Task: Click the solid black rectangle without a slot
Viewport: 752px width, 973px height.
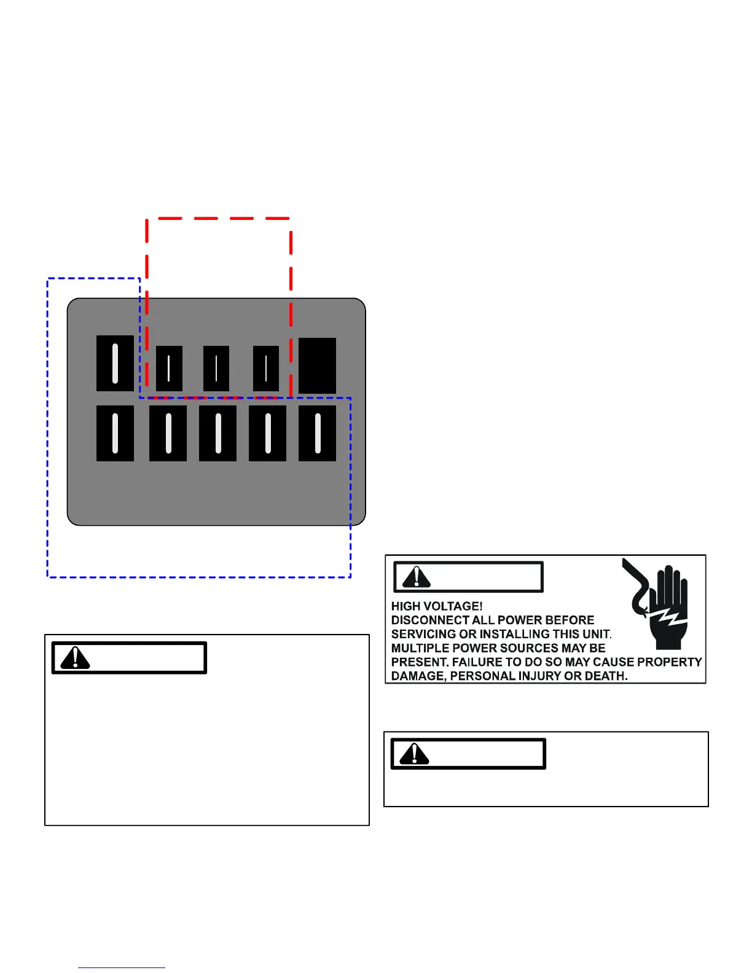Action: [x=317, y=365]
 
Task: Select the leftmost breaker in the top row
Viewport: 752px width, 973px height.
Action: [x=115, y=363]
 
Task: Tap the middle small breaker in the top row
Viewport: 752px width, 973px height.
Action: [x=216, y=368]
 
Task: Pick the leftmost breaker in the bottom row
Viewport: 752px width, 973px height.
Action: [x=115, y=433]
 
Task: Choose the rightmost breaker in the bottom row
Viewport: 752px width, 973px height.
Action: [x=317, y=433]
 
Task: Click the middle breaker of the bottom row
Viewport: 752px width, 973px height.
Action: [x=217, y=433]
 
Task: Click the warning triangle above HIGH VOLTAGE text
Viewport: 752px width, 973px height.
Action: [x=417, y=576]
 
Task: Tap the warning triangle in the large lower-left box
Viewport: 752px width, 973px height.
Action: [x=75, y=658]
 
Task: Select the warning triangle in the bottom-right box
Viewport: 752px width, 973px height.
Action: [x=414, y=754]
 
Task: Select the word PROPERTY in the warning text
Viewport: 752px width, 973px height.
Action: [x=669, y=662]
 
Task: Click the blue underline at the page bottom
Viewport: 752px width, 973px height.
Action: [x=122, y=967]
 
